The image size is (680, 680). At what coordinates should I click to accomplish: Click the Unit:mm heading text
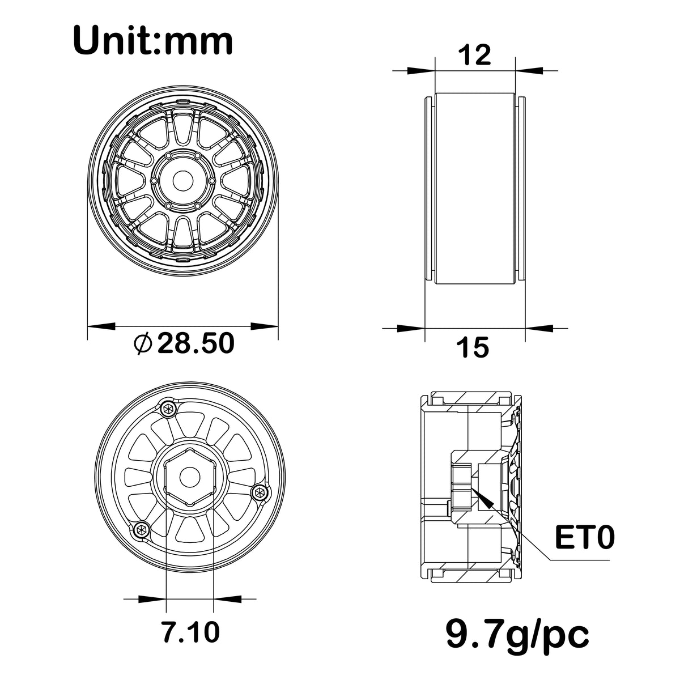point(153,41)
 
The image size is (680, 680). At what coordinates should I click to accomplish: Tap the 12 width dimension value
point(475,55)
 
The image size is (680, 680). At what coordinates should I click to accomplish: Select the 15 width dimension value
point(473,347)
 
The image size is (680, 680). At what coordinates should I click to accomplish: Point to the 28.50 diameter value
point(196,343)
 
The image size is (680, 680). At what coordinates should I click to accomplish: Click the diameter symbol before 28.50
point(143,343)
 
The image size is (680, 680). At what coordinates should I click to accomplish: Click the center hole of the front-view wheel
point(183,181)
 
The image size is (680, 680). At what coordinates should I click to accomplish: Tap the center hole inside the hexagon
point(190,477)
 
